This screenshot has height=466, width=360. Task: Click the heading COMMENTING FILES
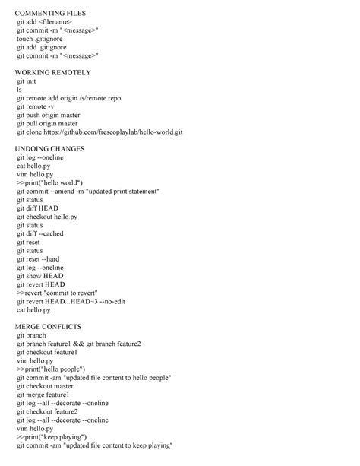click(x=50, y=14)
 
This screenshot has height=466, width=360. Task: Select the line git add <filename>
click(x=44, y=22)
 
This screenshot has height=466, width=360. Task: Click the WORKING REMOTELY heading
click(x=53, y=73)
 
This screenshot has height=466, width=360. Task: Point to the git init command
click(x=26, y=81)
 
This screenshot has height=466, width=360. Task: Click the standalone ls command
click(x=19, y=90)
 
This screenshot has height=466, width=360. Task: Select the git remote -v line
click(x=35, y=106)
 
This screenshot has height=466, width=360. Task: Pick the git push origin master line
click(x=47, y=115)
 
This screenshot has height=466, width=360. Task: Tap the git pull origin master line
click(x=47, y=123)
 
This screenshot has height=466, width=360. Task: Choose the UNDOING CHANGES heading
click(x=50, y=149)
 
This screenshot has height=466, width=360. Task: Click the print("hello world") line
click(x=49, y=182)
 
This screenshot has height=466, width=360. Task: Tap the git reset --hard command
click(x=38, y=259)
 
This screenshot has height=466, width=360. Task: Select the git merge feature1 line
click(x=43, y=395)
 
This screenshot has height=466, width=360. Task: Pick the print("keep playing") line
click(x=51, y=437)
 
